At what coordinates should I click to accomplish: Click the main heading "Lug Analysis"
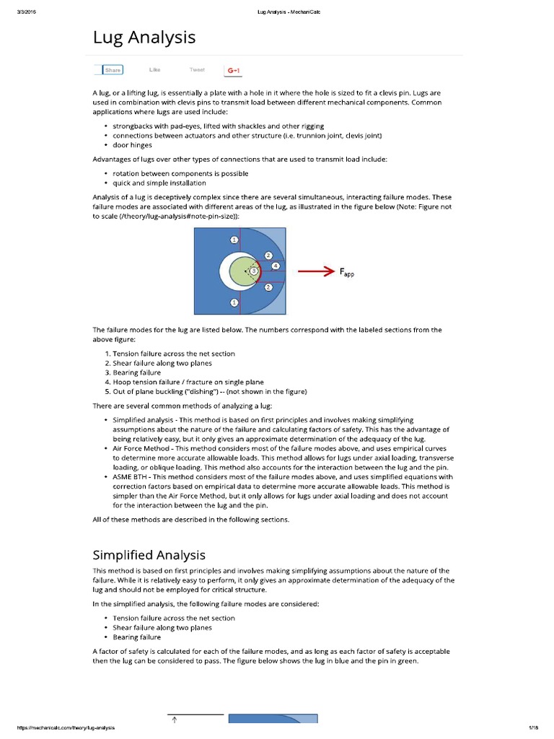pyautogui.click(x=144, y=38)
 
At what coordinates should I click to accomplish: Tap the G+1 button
pyautogui.click(x=233, y=70)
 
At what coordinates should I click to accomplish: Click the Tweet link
pyautogui.click(x=197, y=70)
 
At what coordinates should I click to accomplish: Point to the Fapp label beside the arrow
pyautogui.click(x=347, y=272)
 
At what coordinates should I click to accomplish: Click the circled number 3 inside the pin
pyautogui.click(x=253, y=270)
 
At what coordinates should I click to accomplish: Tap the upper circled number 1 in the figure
pyautogui.click(x=234, y=239)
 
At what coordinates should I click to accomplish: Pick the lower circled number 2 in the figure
pyautogui.click(x=268, y=287)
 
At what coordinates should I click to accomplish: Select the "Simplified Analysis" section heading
pyautogui.click(x=149, y=554)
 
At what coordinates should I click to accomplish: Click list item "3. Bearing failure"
pyautogui.click(x=133, y=372)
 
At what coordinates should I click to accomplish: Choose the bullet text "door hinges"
pyautogui.click(x=132, y=145)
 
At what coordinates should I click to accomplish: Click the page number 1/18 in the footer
pyautogui.click(x=535, y=727)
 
